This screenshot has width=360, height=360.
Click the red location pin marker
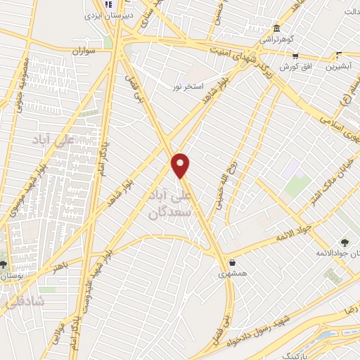click(181, 165)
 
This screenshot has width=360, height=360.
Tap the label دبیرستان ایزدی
click(102, 14)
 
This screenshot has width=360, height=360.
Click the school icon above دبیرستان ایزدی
click(108, 4)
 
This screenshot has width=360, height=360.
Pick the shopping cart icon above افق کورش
click(295, 56)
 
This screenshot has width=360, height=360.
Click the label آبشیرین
click(340, 67)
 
